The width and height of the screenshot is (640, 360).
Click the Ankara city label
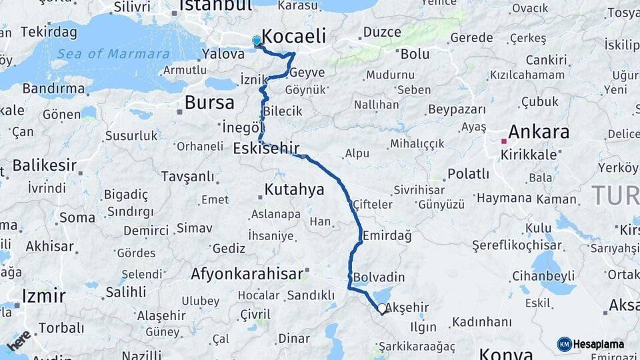point(539,131)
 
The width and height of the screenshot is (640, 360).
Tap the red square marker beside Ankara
point(504,141)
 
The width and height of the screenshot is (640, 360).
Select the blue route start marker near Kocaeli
point(257,41)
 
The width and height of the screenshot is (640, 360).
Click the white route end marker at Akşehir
point(381,309)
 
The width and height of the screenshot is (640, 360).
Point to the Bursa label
point(209,103)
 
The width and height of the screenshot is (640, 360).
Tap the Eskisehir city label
point(266,148)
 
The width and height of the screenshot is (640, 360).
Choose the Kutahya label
point(294,190)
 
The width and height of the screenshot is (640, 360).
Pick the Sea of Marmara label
point(113,54)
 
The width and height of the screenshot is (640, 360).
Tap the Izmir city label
point(44,295)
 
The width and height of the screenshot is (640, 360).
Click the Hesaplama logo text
point(599,344)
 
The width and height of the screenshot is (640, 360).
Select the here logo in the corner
point(19,341)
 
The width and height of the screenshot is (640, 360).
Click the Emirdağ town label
point(387,235)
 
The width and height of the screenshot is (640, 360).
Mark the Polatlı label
point(468,173)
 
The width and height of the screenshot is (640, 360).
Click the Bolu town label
point(415,53)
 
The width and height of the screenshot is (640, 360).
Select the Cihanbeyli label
point(543,275)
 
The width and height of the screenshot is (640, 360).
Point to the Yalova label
point(219,55)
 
